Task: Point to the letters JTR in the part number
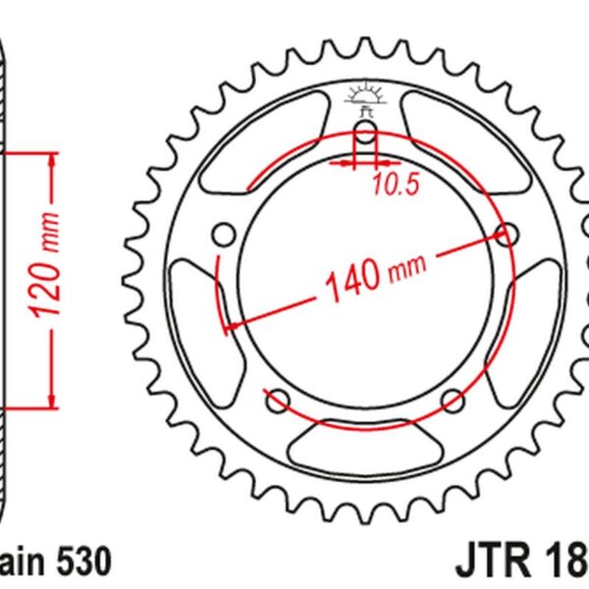[491, 562]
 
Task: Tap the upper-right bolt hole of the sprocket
[508, 235]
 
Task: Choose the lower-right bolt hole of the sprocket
[453, 400]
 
